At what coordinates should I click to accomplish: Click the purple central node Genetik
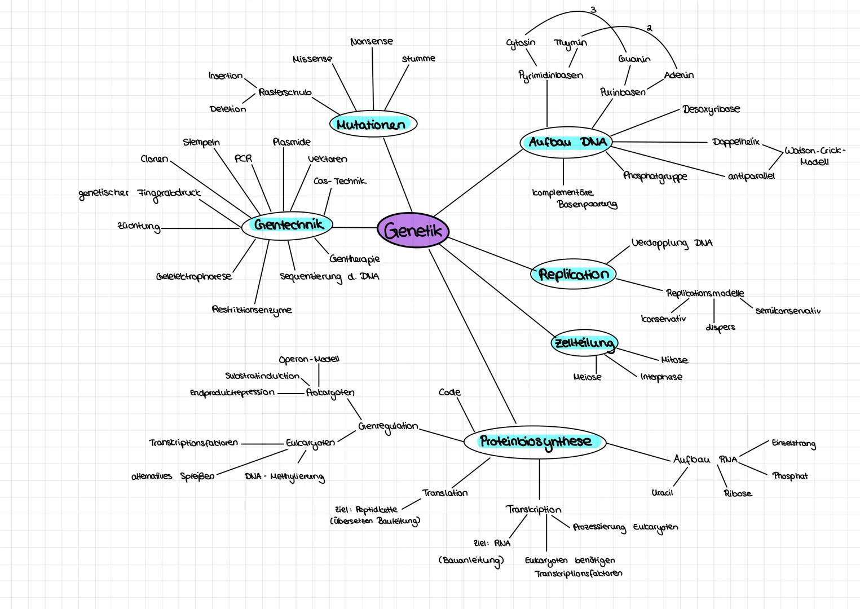click(413, 230)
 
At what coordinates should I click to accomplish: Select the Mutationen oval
click(372, 124)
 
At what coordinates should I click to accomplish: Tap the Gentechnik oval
click(288, 225)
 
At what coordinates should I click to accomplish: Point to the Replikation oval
click(574, 275)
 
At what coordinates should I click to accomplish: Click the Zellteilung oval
click(584, 343)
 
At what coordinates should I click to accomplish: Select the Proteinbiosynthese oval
click(535, 442)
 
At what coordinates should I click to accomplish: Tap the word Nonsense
click(372, 42)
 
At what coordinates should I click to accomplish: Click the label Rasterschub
click(285, 92)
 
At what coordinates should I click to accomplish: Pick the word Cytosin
click(521, 42)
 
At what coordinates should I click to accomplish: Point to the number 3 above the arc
click(593, 10)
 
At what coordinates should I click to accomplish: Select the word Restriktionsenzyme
click(252, 310)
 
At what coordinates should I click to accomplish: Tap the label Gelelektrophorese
click(194, 277)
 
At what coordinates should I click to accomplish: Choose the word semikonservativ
click(787, 311)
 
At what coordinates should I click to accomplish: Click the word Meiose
click(587, 377)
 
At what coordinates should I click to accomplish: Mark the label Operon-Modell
click(309, 359)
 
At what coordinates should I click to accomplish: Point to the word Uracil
click(662, 493)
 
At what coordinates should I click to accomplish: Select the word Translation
click(445, 493)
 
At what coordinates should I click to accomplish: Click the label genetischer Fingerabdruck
click(140, 193)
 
